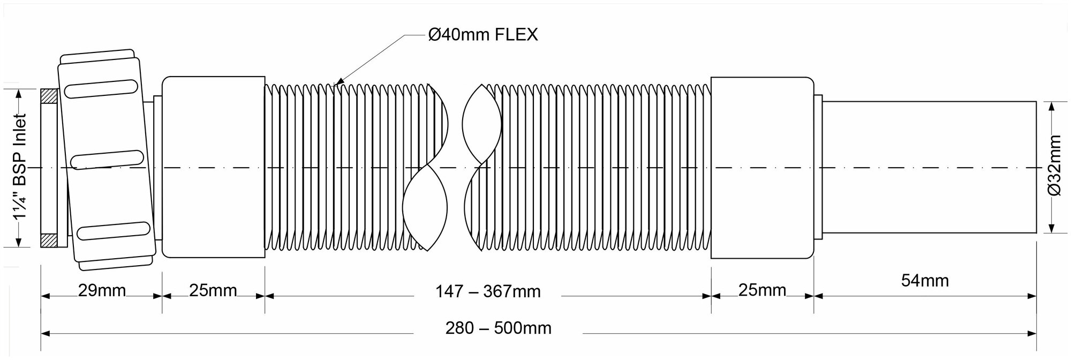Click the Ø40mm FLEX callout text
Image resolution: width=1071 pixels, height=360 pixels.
point(483,35)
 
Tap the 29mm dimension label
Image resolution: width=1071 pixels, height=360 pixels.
point(102,291)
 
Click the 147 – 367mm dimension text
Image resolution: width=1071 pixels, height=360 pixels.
point(488,292)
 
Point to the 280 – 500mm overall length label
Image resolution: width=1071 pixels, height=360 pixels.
point(499,328)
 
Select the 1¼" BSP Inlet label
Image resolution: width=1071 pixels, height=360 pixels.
point(20,166)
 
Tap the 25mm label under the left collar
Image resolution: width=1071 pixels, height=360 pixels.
point(213,290)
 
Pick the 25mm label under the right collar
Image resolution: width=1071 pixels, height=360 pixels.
point(762,290)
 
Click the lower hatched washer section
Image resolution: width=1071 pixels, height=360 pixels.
point(49,241)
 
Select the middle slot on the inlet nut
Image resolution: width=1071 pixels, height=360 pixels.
point(108,160)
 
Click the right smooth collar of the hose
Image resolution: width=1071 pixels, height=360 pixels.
point(762,167)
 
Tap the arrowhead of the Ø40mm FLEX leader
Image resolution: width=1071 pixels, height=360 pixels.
point(336,84)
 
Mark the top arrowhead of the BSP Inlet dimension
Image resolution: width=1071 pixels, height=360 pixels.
point(20,93)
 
